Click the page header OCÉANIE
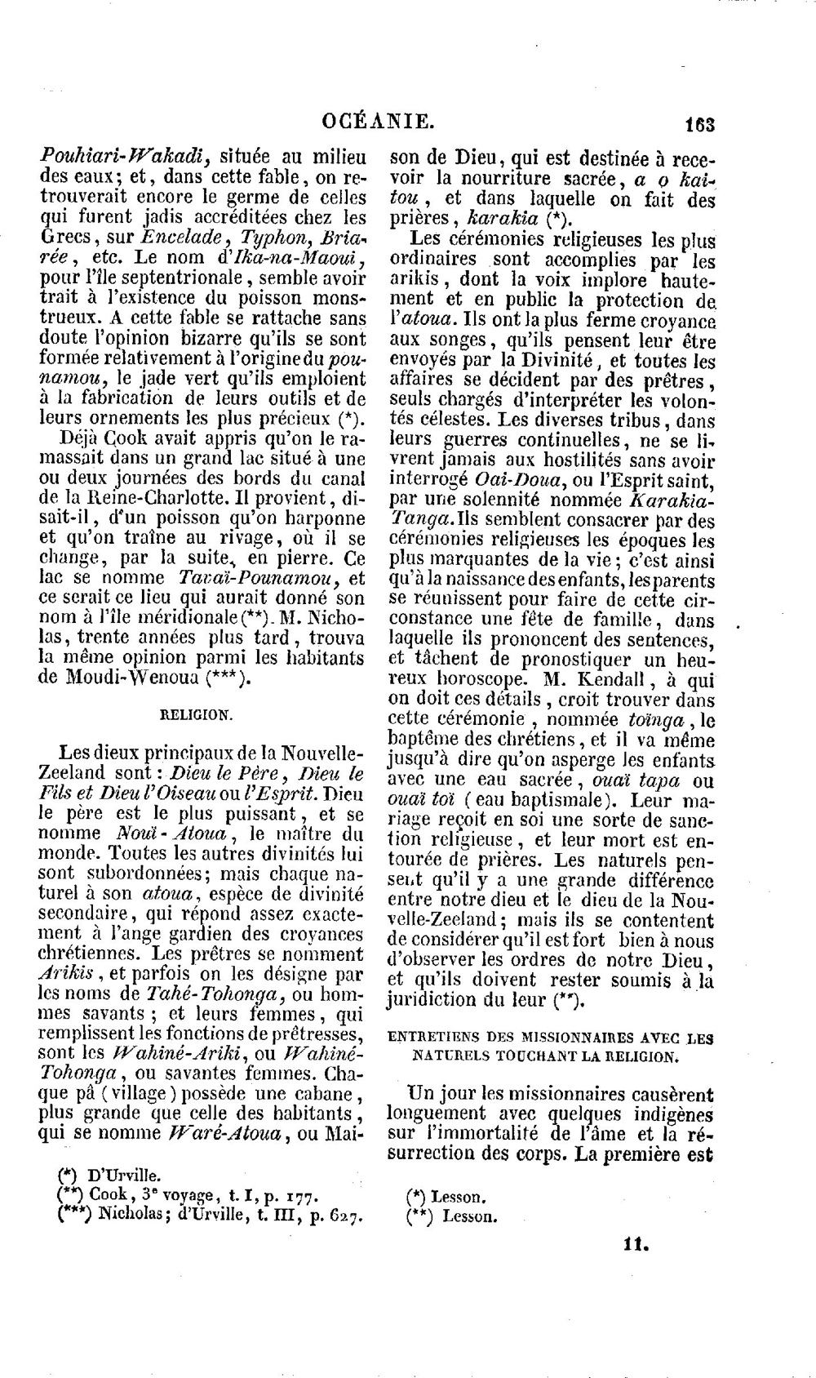click(377, 122)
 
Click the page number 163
click(699, 125)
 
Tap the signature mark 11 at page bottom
click(636, 1246)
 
